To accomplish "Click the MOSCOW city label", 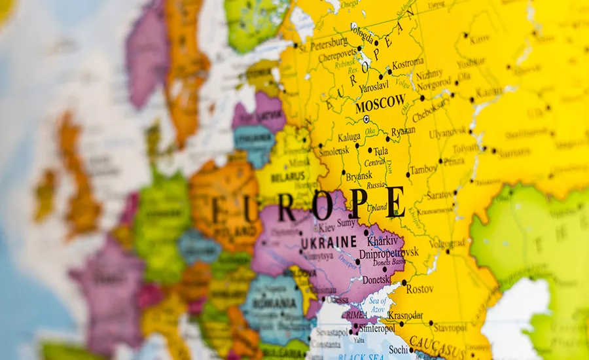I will (380, 103).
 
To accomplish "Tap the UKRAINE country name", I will (329, 242).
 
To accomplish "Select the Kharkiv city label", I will (383, 240).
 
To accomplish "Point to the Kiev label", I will (328, 228).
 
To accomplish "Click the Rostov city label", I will (419, 288).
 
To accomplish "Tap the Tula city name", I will (380, 151).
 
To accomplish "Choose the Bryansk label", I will (359, 176).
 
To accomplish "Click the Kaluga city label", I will (349, 137).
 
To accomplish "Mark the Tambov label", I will (423, 170).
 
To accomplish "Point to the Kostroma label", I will (408, 63).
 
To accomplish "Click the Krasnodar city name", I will (405, 315).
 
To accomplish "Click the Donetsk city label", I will (376, 279).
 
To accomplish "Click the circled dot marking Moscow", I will (366, 119).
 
